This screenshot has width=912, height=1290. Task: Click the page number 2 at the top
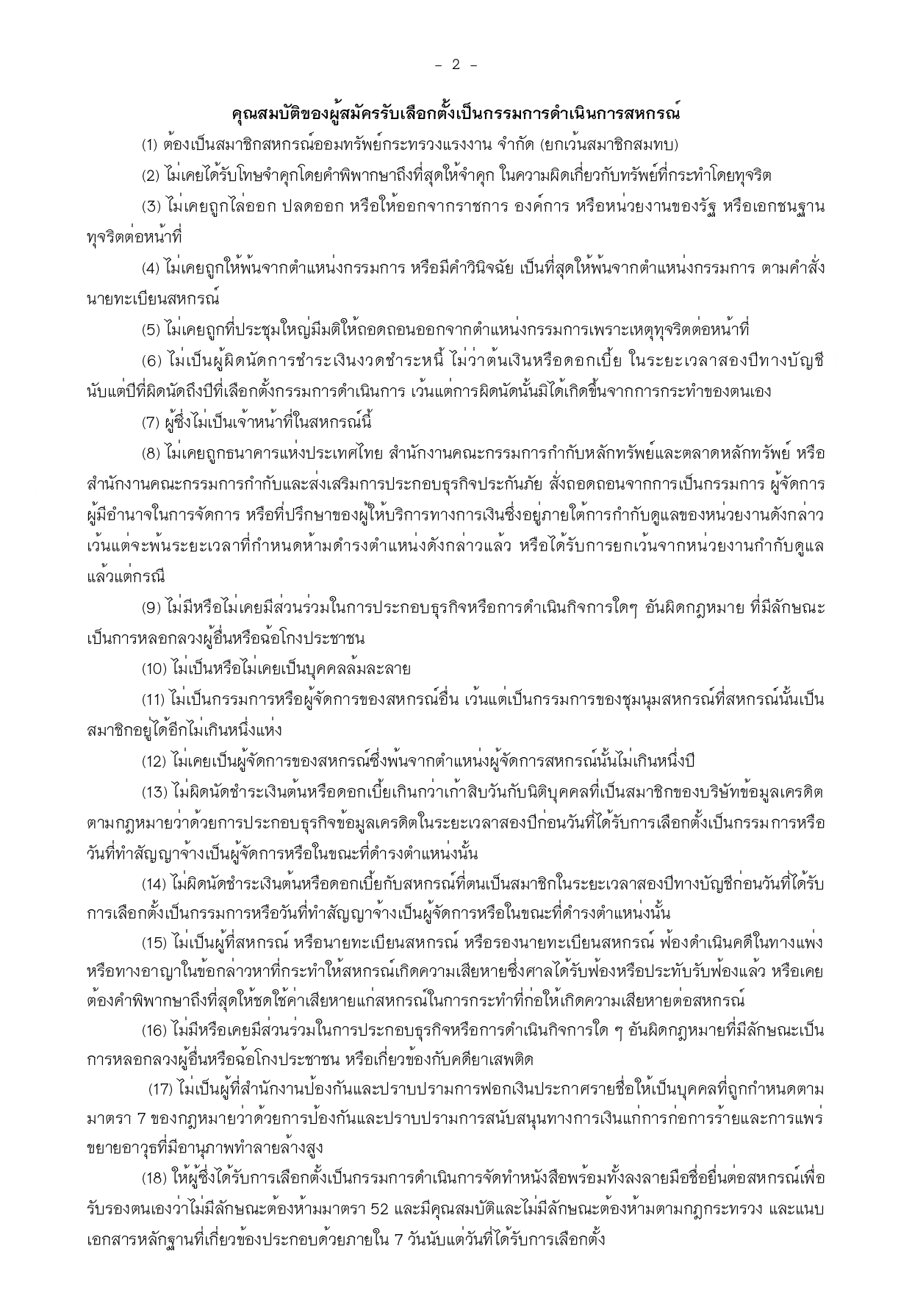[456, 65]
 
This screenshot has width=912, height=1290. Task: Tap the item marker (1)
[151, 145]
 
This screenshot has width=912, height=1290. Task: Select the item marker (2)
[151, 176]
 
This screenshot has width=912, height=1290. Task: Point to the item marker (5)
[151, 330]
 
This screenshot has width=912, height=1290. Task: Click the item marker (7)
[151, 423]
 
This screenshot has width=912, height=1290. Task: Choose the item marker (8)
[151, 454]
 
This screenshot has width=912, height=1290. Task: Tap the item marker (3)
[151, 207]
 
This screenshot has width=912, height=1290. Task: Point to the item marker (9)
[151, 608]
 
